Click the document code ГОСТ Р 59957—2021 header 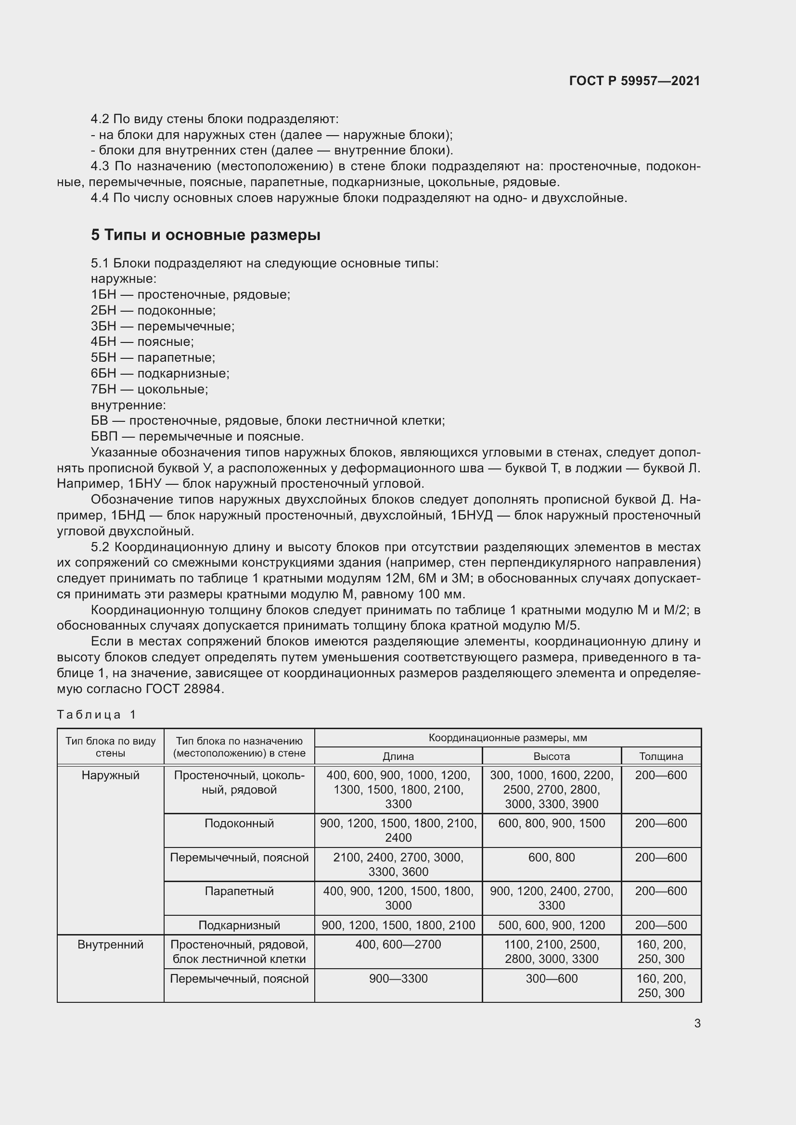tap(634, 81)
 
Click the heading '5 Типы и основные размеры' tap(205, 235)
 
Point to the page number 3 tap(697, 1023)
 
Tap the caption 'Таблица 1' tap(97, 714)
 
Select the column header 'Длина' tap(398, 756)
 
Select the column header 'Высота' tap(552, 756)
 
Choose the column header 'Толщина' tap(661, 756)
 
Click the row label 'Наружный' tap(110, 775)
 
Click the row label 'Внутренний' tap(110, 944)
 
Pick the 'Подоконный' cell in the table tap(239, 823)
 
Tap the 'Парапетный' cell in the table tap(239, 891)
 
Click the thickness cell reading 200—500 tap(661, 925)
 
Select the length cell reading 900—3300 tap(398, 978)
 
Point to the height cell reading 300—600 tap(552, 978)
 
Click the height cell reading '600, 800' tap(552, 857)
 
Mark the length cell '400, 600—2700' tap(398, 944)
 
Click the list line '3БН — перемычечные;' tap(163, 326)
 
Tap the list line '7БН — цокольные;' tap(150, 390)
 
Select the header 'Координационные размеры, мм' tap(507, 738)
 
